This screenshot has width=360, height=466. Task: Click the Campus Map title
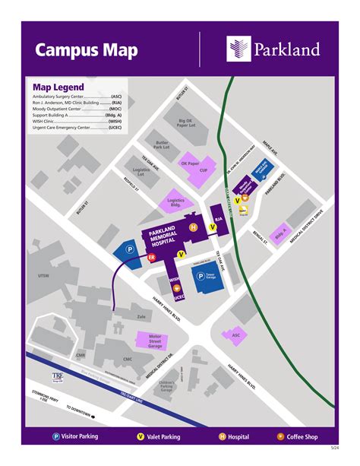coord(86,51)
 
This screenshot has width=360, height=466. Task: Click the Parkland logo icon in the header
coord(239,49)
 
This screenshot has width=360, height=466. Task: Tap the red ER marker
coord(151,258)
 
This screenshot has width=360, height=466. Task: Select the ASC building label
coord(235,333)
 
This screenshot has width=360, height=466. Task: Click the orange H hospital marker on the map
coord(193,226)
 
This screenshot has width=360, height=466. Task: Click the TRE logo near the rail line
coord(58,376)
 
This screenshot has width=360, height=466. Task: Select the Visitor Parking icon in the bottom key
coord(55,436)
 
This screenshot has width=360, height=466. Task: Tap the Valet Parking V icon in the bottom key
coord(141,436)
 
